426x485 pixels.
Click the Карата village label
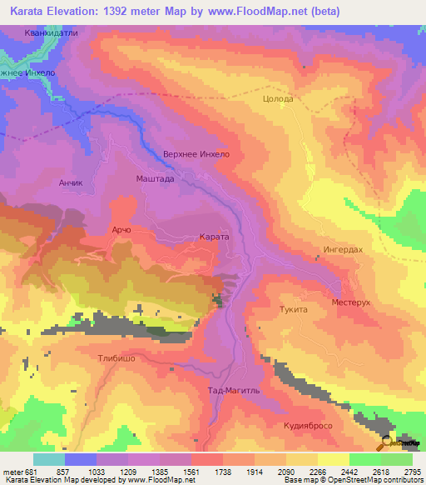tap(214, 237)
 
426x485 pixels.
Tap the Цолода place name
tap(277, 98)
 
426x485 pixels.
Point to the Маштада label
tap(155, 178)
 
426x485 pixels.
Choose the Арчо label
tap(121, 229)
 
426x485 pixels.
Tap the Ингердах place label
tap(341, 249)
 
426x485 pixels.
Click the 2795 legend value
tap(412, 472)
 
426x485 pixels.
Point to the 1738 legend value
tap(223, 472)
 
